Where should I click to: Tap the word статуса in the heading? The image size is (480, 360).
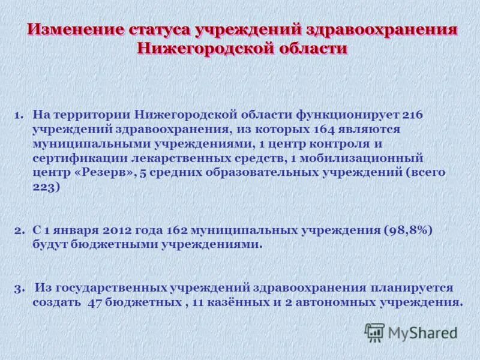tap(160, 30)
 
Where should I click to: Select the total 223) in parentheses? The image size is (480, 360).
tap(47, 187)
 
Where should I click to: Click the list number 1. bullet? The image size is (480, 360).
tap(19, 114)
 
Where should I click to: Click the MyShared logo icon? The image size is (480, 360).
tap(375, 332)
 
